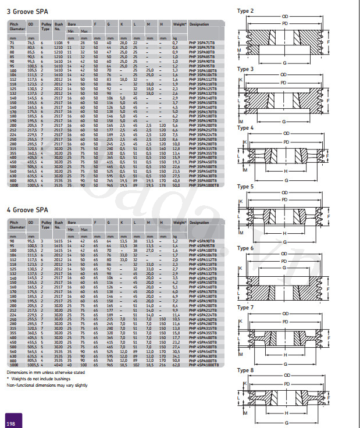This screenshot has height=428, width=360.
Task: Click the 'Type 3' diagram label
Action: click(245, 69)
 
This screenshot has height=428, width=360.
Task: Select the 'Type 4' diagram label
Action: click(245, 127)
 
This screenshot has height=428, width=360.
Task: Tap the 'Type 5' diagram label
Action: click(245, 187)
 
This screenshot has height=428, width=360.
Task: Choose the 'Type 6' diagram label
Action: click(245, 248)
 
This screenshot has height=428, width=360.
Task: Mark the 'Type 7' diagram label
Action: click(245, 306)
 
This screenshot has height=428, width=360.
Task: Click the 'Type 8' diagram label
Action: click(245, 370)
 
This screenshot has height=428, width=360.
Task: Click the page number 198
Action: click(10, 422)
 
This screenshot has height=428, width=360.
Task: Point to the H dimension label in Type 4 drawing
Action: click(284, 171)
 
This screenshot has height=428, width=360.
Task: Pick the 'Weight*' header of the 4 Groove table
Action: click(178, 223)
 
